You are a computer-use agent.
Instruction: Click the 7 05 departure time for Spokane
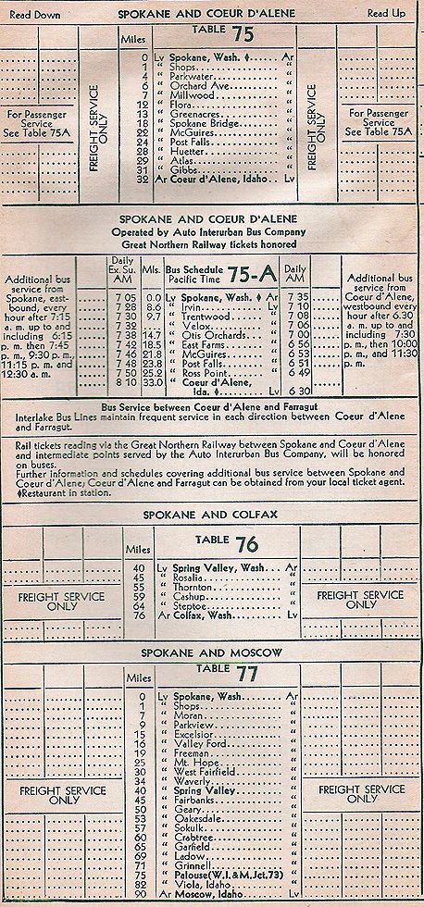click(x=122, y=296)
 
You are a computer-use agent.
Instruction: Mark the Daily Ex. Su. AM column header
click(x=122, y=270)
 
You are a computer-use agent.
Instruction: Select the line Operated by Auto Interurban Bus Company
click(x=212, y=231)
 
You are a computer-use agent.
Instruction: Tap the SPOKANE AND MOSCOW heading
click(x=211, y=653)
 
